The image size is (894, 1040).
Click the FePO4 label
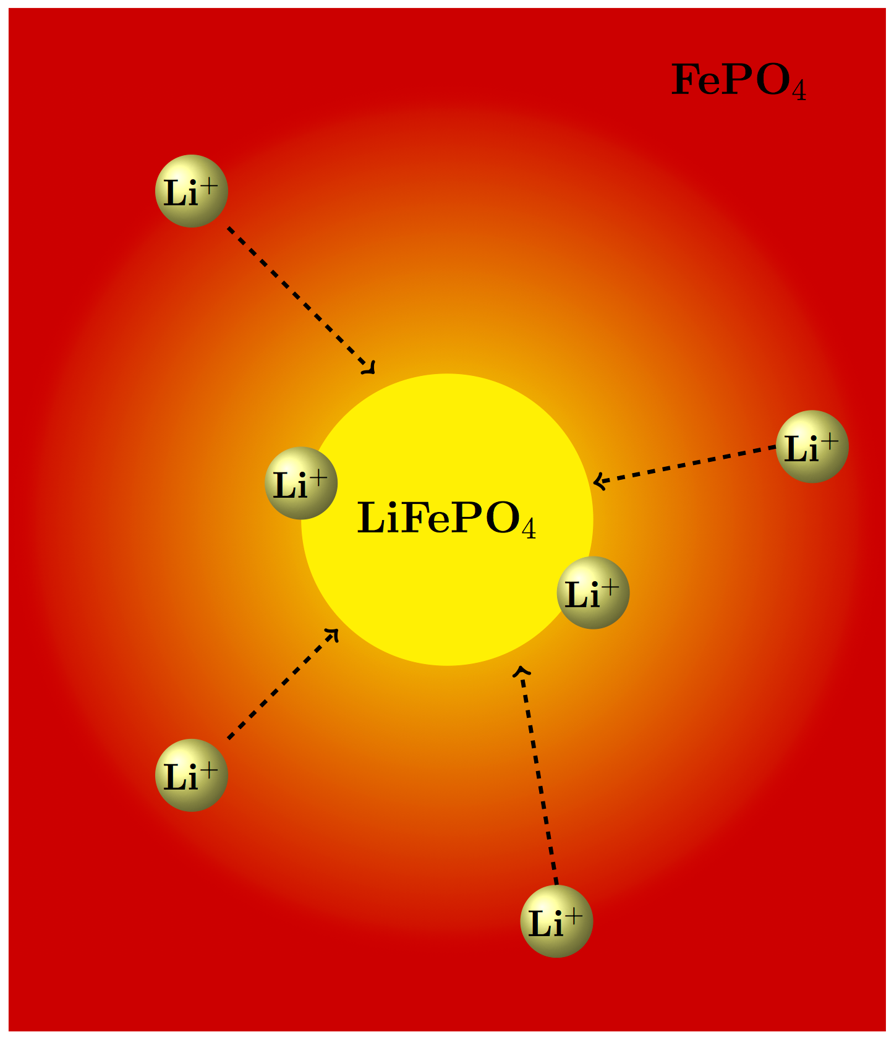(738, 81)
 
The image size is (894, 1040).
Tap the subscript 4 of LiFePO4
(529, 529)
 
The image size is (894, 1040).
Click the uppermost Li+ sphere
(192, 191)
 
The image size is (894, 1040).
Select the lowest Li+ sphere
(556, 921)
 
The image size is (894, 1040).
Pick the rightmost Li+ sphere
(812, 446)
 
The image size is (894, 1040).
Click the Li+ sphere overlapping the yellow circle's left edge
(301, 484)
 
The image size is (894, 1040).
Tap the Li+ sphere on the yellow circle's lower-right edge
(593, 593)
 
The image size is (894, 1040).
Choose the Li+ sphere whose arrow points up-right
(192, 775)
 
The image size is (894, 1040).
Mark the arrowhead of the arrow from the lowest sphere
(522, 671)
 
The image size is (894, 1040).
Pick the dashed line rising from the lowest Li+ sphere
(538, 779)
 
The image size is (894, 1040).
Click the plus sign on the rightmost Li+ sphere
(830, 441)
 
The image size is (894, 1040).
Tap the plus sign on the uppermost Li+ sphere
(210, 185)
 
